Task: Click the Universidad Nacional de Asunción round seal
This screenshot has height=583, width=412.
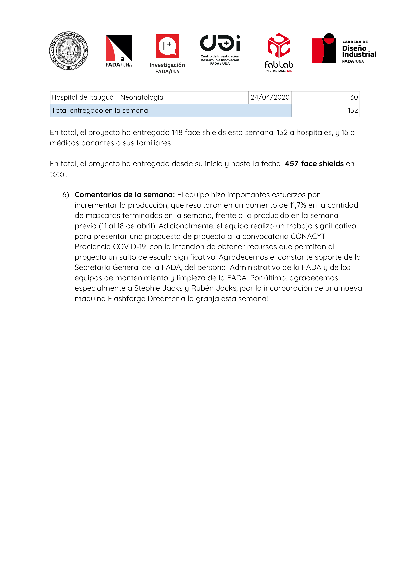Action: point(69,51)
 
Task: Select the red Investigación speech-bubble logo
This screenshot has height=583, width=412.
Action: point(167,46)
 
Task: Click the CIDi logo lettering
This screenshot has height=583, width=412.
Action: point(220,43)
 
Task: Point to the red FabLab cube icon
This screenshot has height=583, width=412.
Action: point(279,45)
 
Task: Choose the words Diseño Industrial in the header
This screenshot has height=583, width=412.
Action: point(359,51)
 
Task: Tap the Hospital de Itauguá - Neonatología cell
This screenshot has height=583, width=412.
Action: point(107,97)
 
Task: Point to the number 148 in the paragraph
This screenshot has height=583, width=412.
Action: point(177,132)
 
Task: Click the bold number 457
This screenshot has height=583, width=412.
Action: point(291,164)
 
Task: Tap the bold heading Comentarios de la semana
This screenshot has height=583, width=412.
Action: point(125,195)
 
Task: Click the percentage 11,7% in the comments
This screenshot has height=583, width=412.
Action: point(298,205)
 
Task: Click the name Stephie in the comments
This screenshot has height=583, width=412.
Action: point(147,288)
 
